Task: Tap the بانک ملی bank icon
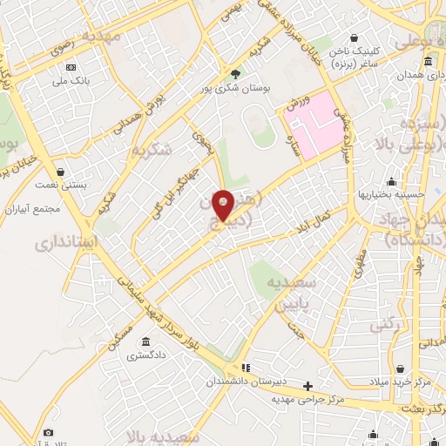coord(71,66)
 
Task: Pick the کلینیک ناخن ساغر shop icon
coord(355,37)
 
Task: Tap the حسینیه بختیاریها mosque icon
coord(393,181)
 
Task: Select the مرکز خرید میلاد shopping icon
coord(399,369)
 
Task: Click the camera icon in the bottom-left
coord(48,432)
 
